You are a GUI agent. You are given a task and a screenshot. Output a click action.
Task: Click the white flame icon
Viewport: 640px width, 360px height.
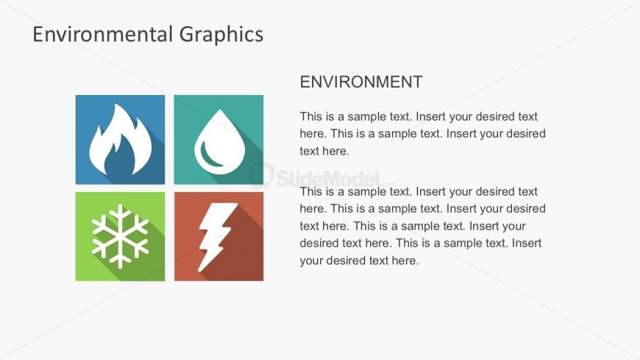[120, 140]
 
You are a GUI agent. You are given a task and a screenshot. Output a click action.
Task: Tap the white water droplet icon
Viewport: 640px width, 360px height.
[218, 140]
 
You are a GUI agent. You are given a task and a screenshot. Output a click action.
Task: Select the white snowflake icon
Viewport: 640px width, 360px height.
[120, 236]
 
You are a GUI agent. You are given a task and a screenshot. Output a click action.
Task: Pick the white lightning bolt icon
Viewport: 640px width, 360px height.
[217, 236]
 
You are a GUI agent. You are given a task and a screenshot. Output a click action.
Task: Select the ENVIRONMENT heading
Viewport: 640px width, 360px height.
[360, 82]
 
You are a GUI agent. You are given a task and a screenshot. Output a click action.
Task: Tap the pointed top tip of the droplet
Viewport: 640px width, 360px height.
[219, 111]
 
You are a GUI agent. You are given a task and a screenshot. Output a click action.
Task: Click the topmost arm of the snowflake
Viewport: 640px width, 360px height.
[120, 210]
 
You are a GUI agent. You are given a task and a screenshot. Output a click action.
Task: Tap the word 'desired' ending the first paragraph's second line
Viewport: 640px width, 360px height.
[525, 134]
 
